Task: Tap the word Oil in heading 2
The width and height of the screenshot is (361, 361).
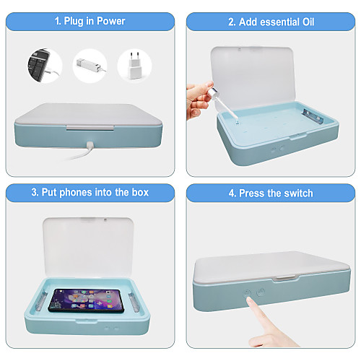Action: pyautogui.click(x=308, y=22)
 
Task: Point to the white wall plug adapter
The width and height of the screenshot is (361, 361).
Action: pyautogui.click(x=134, y=66)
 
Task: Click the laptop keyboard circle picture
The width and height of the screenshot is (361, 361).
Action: pyautogui.click(x=45, y=66)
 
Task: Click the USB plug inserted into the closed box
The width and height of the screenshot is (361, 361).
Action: pyautogui.click(x=90, y=145)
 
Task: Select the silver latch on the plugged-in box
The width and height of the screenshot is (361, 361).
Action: pyautogui.click(x=90, y=128)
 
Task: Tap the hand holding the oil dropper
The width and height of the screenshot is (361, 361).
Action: pyautogui.click(x=199, y=100)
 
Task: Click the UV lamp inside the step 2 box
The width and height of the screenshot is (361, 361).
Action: pyautogui.click(x=313, y=116)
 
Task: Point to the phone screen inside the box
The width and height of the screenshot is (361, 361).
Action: pyautogui.click(x=86, y=301)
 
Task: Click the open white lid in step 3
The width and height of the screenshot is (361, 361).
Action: pyautogui.click(x=88, y=248)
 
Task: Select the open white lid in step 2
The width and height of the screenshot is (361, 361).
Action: pyautogui.click(x=253, y=78)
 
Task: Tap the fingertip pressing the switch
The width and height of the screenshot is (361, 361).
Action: pyautogui.click(x=249, y=300)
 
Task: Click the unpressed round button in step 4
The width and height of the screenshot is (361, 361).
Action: pyautogui.click(x=261, y=292)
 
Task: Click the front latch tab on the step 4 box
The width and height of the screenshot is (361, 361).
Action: pyautogui.click(x=285, y=278)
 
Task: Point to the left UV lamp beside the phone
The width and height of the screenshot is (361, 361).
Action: pyautogui.click(x=41, y=302)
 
